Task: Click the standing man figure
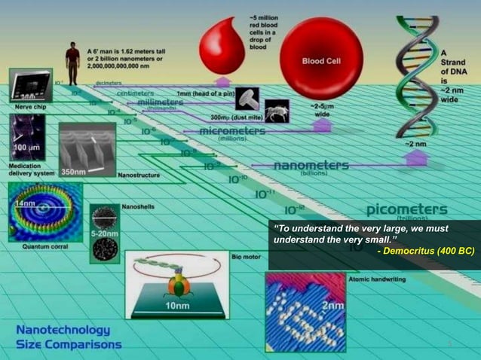pos(72,63)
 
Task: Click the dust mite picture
pos(277,111)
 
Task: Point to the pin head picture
pos(247,97)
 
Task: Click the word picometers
pos(406,209)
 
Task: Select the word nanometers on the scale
pos(311,165)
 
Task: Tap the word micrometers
pos(233,131)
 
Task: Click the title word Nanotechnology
pos(64,330)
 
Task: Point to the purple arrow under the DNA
pos(417,157)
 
